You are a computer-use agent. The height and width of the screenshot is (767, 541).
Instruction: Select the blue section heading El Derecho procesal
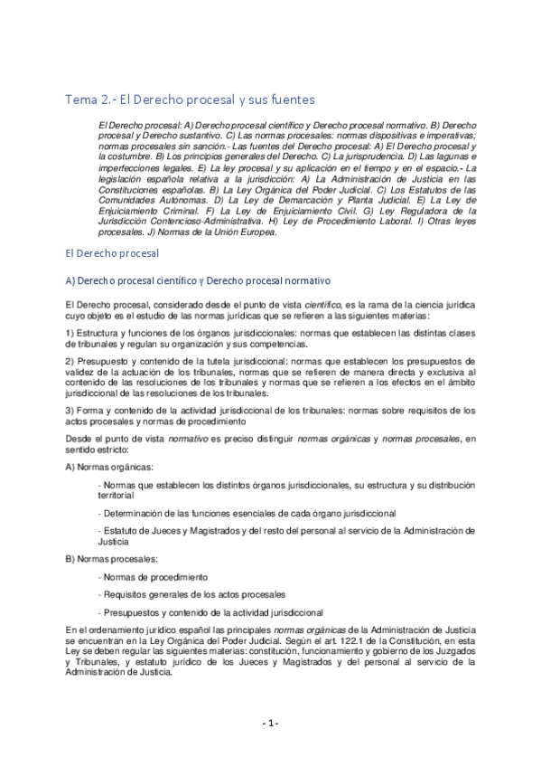coord(112,254)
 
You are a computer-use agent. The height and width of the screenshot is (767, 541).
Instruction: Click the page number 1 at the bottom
coord(270,723)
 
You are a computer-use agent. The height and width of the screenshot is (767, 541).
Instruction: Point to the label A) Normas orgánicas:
coord(109,466)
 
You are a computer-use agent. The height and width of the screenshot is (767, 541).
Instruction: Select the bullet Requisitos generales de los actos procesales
coord(191,594)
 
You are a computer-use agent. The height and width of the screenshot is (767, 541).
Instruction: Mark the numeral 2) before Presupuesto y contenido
coord(71,361)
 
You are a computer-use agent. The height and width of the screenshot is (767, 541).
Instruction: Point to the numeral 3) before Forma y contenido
coord(71,411)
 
